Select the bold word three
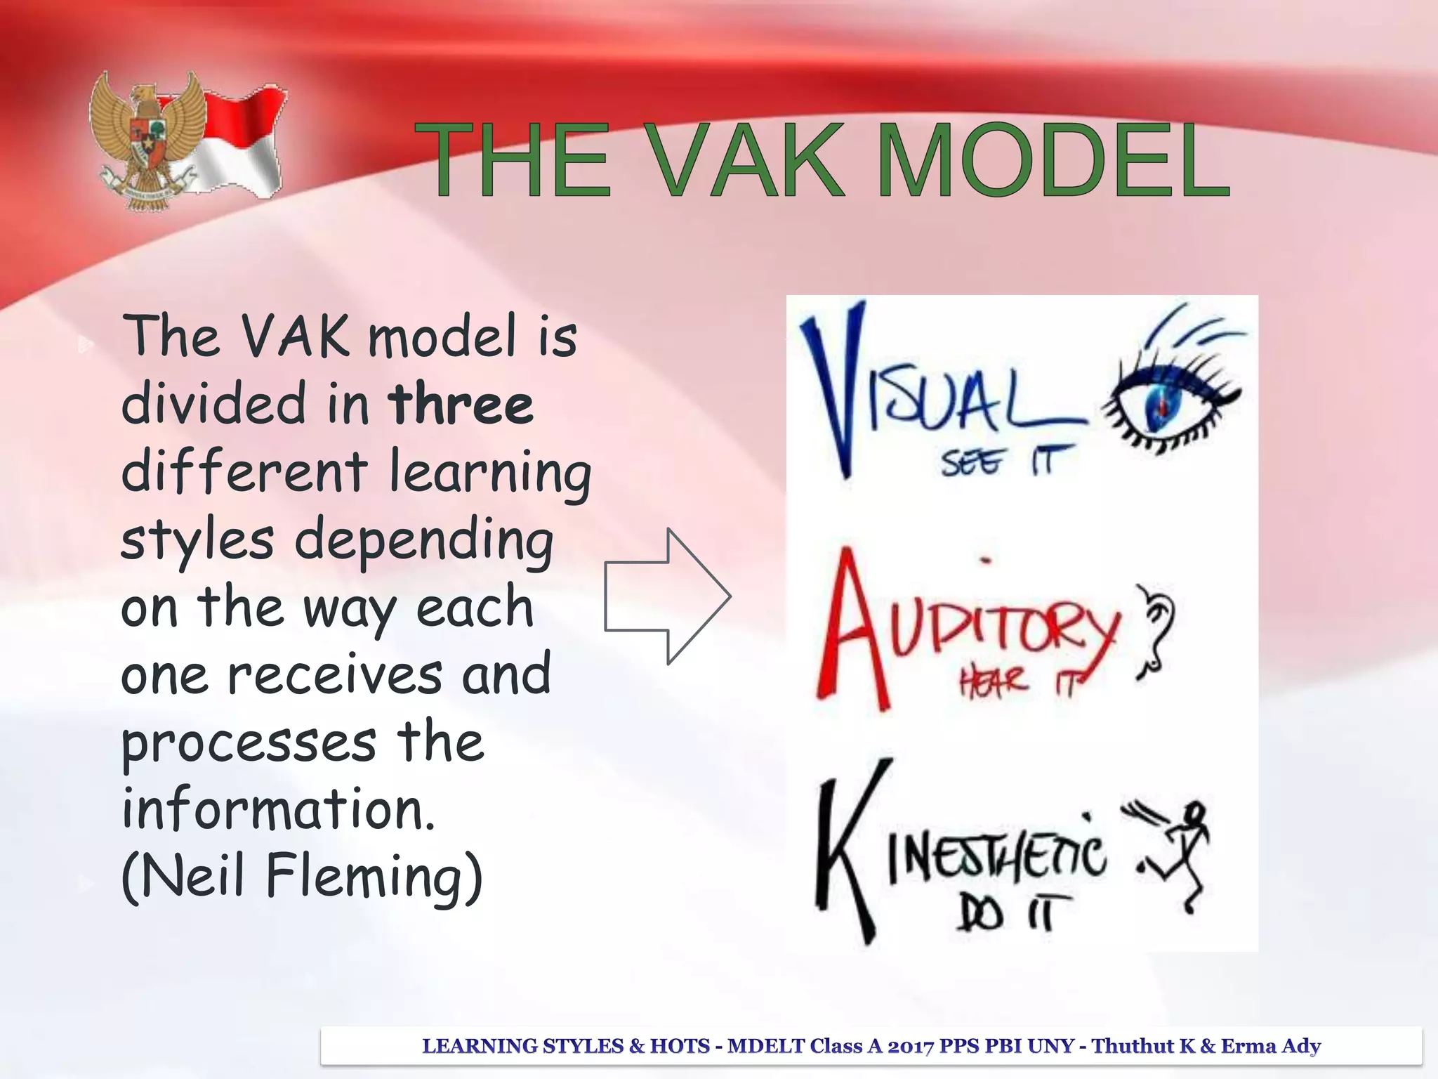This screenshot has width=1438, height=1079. point(461,404)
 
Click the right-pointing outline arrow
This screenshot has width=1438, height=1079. point(667,596)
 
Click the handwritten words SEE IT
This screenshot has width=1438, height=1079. point(1008,462)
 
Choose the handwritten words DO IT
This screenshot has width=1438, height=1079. point(1011,913)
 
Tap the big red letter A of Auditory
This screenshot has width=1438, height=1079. point(853,629)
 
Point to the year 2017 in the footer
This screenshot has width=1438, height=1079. point(911,1046)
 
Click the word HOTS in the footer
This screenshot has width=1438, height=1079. point(680,1046)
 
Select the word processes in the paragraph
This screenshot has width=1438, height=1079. point(249,743)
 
